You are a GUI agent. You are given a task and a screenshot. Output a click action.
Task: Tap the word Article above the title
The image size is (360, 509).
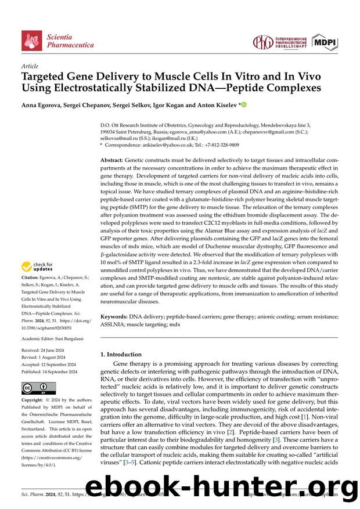pos(29,67)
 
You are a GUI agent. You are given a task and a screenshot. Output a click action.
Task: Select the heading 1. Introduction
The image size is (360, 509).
pos(121,354)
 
